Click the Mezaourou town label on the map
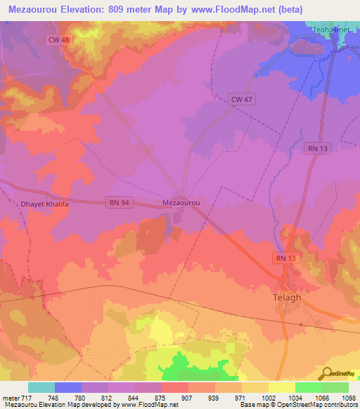pos(182,202)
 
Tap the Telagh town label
pos(287,297)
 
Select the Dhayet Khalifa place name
pos(37,204)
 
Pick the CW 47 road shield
pos(241,100)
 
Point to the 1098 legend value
pos(347,398)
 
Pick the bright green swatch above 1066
pos(308,387)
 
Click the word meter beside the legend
pos(9,398)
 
